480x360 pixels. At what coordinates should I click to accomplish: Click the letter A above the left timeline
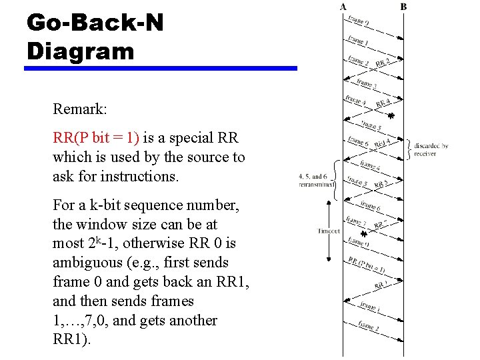(x=343, y=7)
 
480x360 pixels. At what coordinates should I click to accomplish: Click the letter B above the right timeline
(x=404, y=7)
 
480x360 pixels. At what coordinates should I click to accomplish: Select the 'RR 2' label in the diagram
(x=383, y=63)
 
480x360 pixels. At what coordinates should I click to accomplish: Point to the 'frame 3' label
(x=366, y=84)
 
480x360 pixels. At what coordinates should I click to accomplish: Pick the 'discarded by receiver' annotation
(x=431, y=149)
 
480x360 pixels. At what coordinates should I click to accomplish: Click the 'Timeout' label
(x=329, y=231)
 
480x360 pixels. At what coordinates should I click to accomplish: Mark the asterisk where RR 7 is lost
(x=363, y=234)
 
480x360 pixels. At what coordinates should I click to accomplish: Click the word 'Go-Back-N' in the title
(x=95, y=23)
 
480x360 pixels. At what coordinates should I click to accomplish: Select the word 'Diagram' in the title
(x=81, y=51)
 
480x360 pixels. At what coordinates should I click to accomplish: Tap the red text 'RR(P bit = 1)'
(x=96, y=138)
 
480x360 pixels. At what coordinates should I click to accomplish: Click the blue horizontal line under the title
(x=161, y=68)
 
